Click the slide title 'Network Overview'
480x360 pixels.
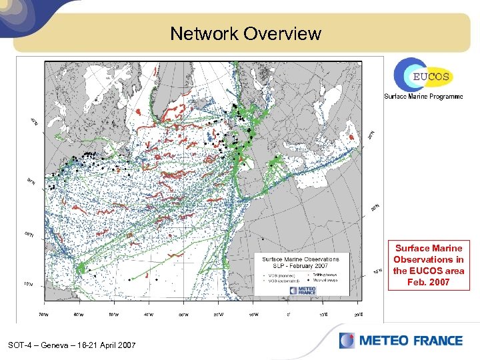pyautogui.click(x=245, y=33)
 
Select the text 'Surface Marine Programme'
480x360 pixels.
pyautogui.click(x=423, y=97)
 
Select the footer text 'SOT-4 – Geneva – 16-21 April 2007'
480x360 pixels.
pyautogui.click(x=72, y=345)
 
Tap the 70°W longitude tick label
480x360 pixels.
pyautogui.click(x=44, y=315)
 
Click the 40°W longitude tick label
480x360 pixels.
pyautogui.click(x=149, y=315)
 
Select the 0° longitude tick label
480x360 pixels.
pyautogui.click(x=288, y=315)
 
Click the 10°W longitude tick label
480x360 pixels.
pyautogui.click(x=254, y=315)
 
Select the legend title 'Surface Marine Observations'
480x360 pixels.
pyautogui.click(x=300, y=259)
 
